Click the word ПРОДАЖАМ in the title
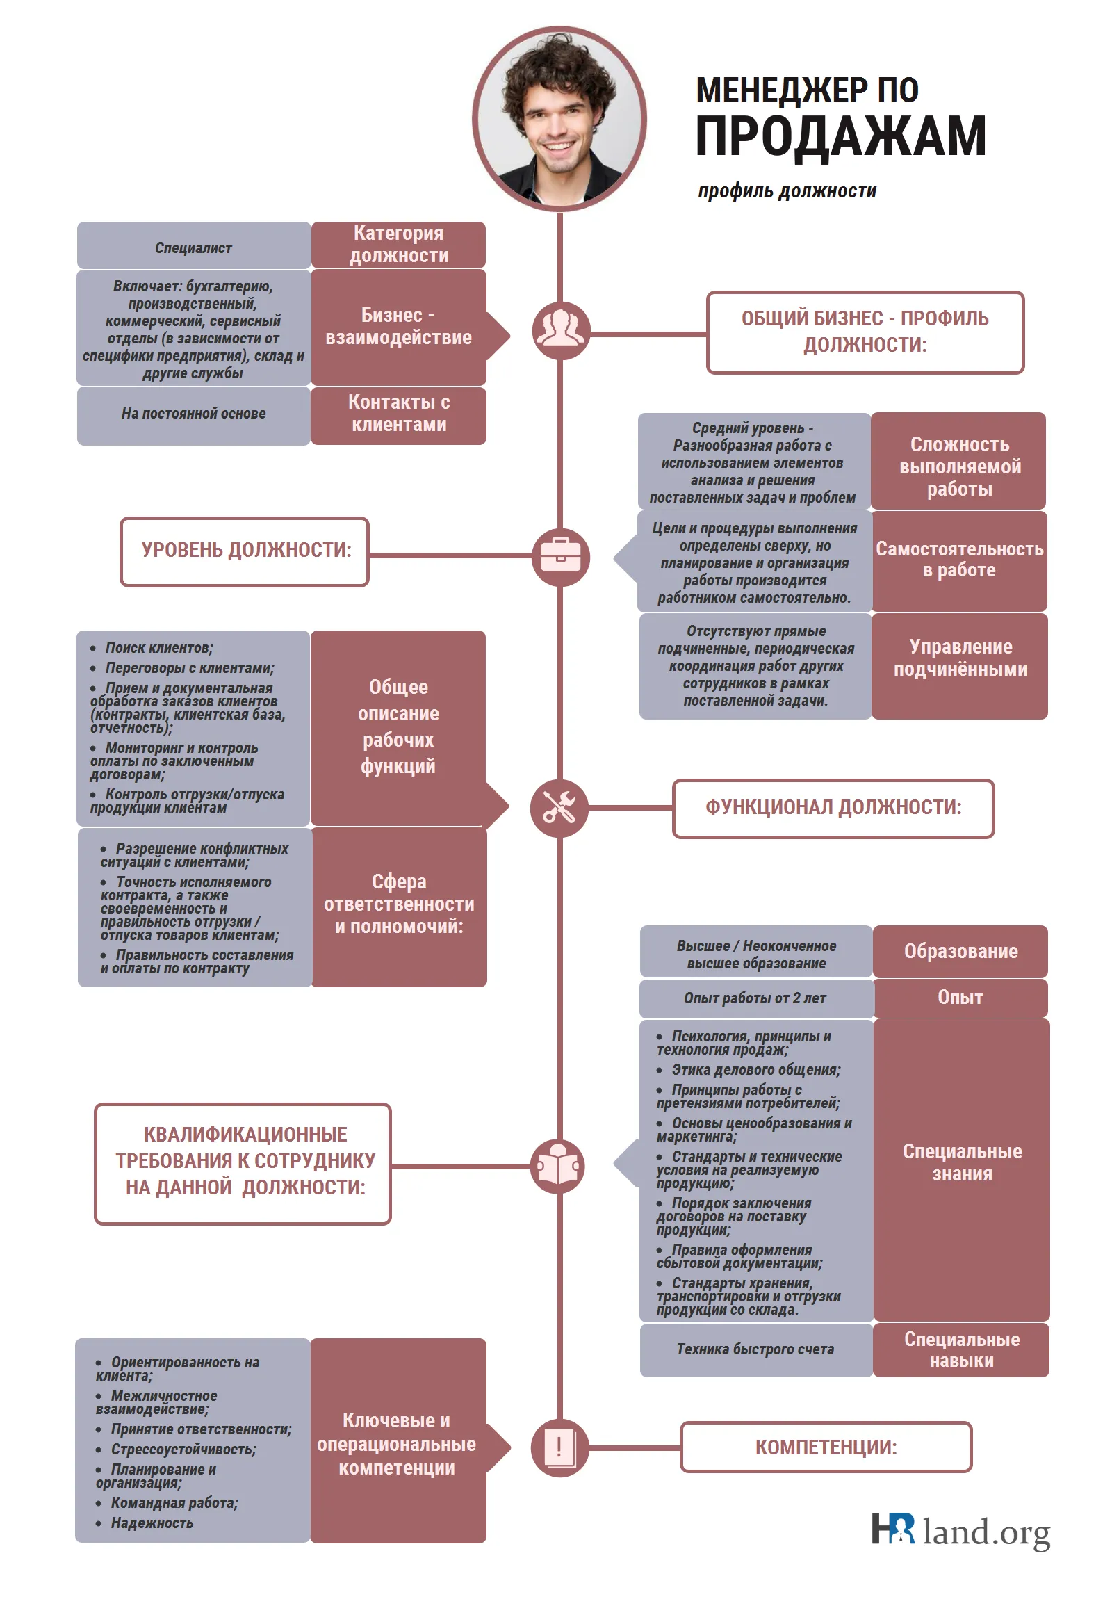(x=840, y=136)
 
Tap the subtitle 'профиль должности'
(x=787, y=190)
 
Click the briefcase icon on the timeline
(x=560, y=556)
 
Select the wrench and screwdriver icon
(x=559, y=808)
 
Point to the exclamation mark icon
(x=559, y=1448)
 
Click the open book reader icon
(x=558, y=1167)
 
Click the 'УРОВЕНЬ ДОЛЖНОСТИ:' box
(x=245, y=551)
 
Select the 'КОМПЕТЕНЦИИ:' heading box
(x=826, y=1447)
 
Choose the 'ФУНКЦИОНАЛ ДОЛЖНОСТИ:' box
(x=833, y=808)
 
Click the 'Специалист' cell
(x=194, y=246)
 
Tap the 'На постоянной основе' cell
(x=194, y=416)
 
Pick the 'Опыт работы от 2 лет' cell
(x=756, y=998)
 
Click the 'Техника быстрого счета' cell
(x=756, y=1349)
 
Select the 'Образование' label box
(x=960, y=951)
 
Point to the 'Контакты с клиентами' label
(x=398, y=415)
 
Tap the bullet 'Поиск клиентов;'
(x=152, y=648)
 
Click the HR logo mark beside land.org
(x=892, y=1529)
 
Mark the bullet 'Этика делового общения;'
(x=749, y=1070)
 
